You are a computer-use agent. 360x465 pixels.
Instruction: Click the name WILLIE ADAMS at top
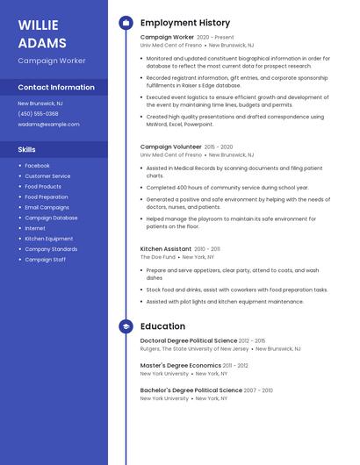click(x=42, y=33)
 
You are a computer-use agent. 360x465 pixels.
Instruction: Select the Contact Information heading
click(x=56, y=88)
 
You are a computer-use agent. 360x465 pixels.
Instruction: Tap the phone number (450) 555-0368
click(x=38, y=113)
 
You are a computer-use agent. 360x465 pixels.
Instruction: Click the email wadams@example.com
click(x=48, y=125)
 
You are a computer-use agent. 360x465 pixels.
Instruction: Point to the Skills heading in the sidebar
click(x=26, y=149)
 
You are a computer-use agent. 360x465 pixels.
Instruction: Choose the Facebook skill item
click(x=37, y=166)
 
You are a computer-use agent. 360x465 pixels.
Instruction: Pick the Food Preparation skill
click(x=47, y=197)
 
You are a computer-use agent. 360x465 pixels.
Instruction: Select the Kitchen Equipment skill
click(x=49, y=239)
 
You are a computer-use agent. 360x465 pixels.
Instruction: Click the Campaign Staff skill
click(x=46, y=260)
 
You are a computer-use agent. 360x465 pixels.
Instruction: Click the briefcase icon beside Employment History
click(x=126, y=23)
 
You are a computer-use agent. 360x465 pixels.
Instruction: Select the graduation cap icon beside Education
click(x=126, y=326)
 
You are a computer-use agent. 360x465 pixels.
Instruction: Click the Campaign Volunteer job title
click(x=171, y=147)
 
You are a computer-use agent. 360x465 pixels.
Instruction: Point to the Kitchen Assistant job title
click(x=166, y=248)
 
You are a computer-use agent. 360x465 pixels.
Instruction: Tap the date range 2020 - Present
click(x=216, y=38)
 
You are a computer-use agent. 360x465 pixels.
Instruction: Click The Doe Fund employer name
click(x=158, y=257)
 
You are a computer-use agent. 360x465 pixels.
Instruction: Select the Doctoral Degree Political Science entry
click(x=189, y=340)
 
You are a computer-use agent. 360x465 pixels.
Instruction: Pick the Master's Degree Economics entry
click(x=180, y=365)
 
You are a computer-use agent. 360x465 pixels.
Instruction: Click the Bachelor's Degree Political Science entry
click(x=191, y=390)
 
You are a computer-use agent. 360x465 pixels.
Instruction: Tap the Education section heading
click(x=162, y=326)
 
